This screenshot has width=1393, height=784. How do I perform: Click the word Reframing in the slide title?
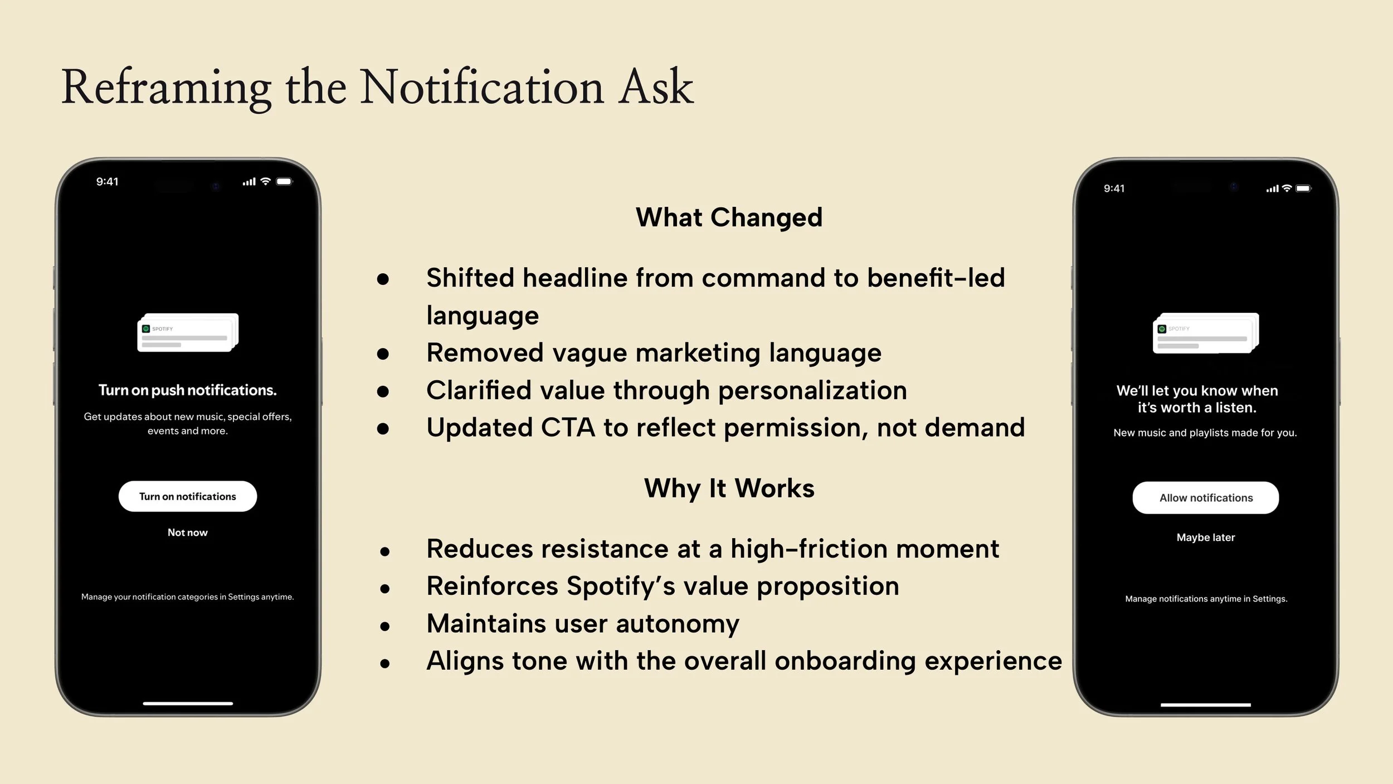[166, 88]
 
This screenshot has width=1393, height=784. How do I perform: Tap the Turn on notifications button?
[187, 496]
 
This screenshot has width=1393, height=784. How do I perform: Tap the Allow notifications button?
[1205, 497]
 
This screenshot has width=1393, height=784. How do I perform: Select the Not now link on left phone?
[187, 533]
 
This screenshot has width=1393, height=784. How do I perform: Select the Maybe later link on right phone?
[1205, 538]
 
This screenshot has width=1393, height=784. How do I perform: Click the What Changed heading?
[729, 217]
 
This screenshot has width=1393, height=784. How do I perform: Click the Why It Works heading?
[729, 488]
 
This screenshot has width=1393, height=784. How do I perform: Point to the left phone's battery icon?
[284, 181]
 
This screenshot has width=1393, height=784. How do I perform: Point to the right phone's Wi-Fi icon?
[1287, 188]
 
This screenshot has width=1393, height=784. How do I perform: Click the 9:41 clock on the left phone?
[107, 182]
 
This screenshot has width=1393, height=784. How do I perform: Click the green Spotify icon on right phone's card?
[1162, 329]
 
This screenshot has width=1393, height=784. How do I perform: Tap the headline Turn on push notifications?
[187, 390]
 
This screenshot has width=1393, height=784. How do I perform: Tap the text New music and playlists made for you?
[1205, 433]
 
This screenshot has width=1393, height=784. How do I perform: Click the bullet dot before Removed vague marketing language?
[383, 354]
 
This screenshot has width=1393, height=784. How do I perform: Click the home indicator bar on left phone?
[187, 704]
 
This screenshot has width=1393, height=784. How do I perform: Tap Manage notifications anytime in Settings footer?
[1206, 599]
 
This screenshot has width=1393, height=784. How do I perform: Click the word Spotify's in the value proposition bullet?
[620, 587]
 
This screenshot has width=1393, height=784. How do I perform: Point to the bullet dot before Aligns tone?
[384, 663]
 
